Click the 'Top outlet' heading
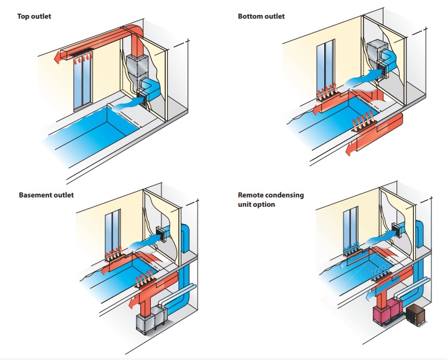(34, 16)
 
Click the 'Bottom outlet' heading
(261, 16)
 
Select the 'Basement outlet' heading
(46, 195)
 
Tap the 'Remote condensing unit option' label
(271, 199)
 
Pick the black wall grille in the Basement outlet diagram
(165, 234)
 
